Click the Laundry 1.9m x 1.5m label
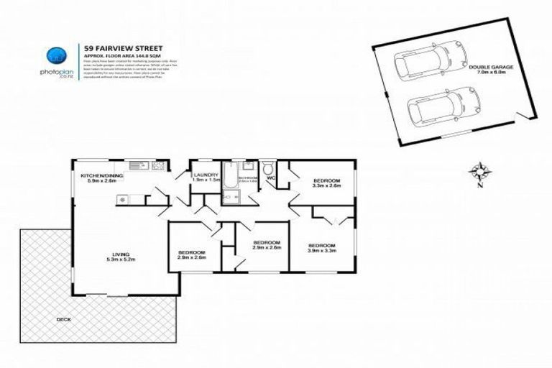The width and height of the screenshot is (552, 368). click(x=205, y=178)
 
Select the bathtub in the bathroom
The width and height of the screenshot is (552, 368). click(x=229, y=175)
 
